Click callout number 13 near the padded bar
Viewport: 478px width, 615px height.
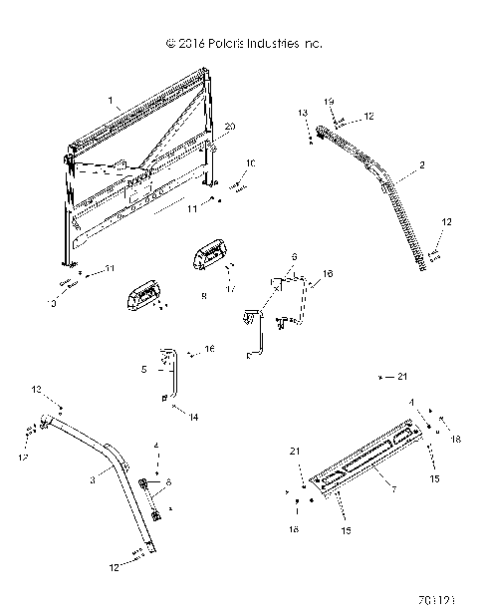(x=304, y=116)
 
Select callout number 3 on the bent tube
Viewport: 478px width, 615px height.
(x=92, y=480)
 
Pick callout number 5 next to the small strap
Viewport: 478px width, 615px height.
(x=144, y=368)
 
